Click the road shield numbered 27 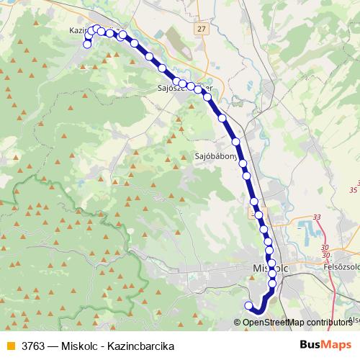tap(201, 29)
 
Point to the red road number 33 tap(318, 217)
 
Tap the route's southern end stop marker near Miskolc tap(249, 306)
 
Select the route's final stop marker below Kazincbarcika tap(88, 44)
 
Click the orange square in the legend tap(10, 346)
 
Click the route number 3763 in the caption tap(35, 346)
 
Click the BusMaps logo tap(326, 345)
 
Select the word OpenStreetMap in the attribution tap(271, 323)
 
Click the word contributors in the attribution tap(328, 323)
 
